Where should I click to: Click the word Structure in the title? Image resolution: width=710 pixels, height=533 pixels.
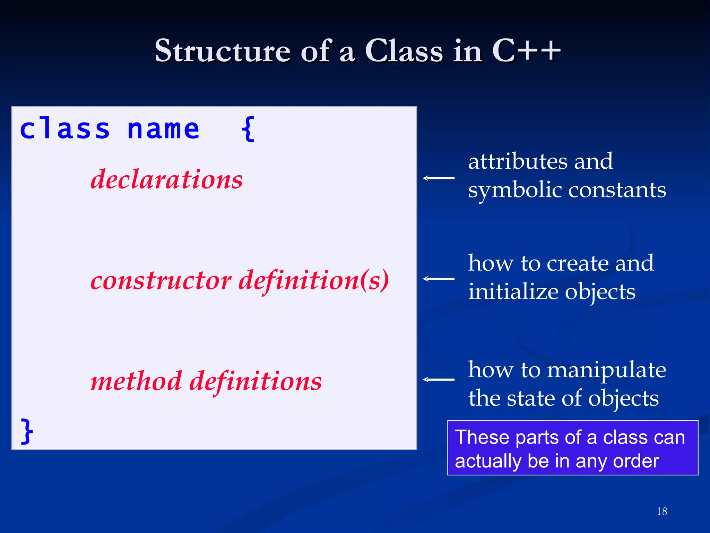222,51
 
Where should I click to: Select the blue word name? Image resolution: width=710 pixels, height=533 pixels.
163,129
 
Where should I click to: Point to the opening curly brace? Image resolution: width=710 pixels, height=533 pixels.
248,129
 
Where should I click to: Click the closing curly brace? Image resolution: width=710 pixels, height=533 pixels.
27,431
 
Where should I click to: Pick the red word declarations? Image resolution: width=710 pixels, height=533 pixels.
167,179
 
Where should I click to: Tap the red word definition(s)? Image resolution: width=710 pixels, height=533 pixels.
314,280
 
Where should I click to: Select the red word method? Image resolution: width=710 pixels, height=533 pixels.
136,381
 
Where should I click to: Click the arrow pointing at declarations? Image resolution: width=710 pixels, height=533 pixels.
439,178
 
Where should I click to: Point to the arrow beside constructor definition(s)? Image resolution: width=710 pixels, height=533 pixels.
439,279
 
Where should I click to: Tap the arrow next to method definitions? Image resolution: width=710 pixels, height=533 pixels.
439,380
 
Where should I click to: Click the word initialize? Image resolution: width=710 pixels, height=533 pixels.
513,291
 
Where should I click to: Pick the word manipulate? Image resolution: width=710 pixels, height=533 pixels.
606,370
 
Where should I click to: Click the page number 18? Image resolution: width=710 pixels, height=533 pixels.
662,511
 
